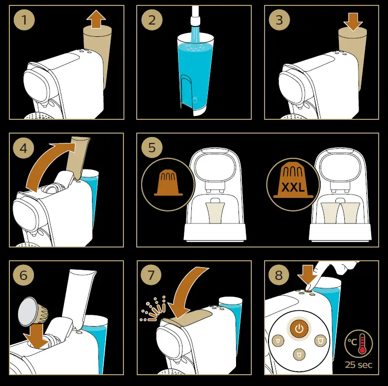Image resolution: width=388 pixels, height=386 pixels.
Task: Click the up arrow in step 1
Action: pos(96,20)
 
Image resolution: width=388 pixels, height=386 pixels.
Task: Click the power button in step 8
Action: pos(298,328)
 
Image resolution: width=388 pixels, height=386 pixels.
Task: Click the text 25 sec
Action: pos(358,365)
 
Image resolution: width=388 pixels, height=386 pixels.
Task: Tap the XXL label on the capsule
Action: pos(293,187)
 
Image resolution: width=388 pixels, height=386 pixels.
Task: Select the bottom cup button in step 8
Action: pos(298,354)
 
